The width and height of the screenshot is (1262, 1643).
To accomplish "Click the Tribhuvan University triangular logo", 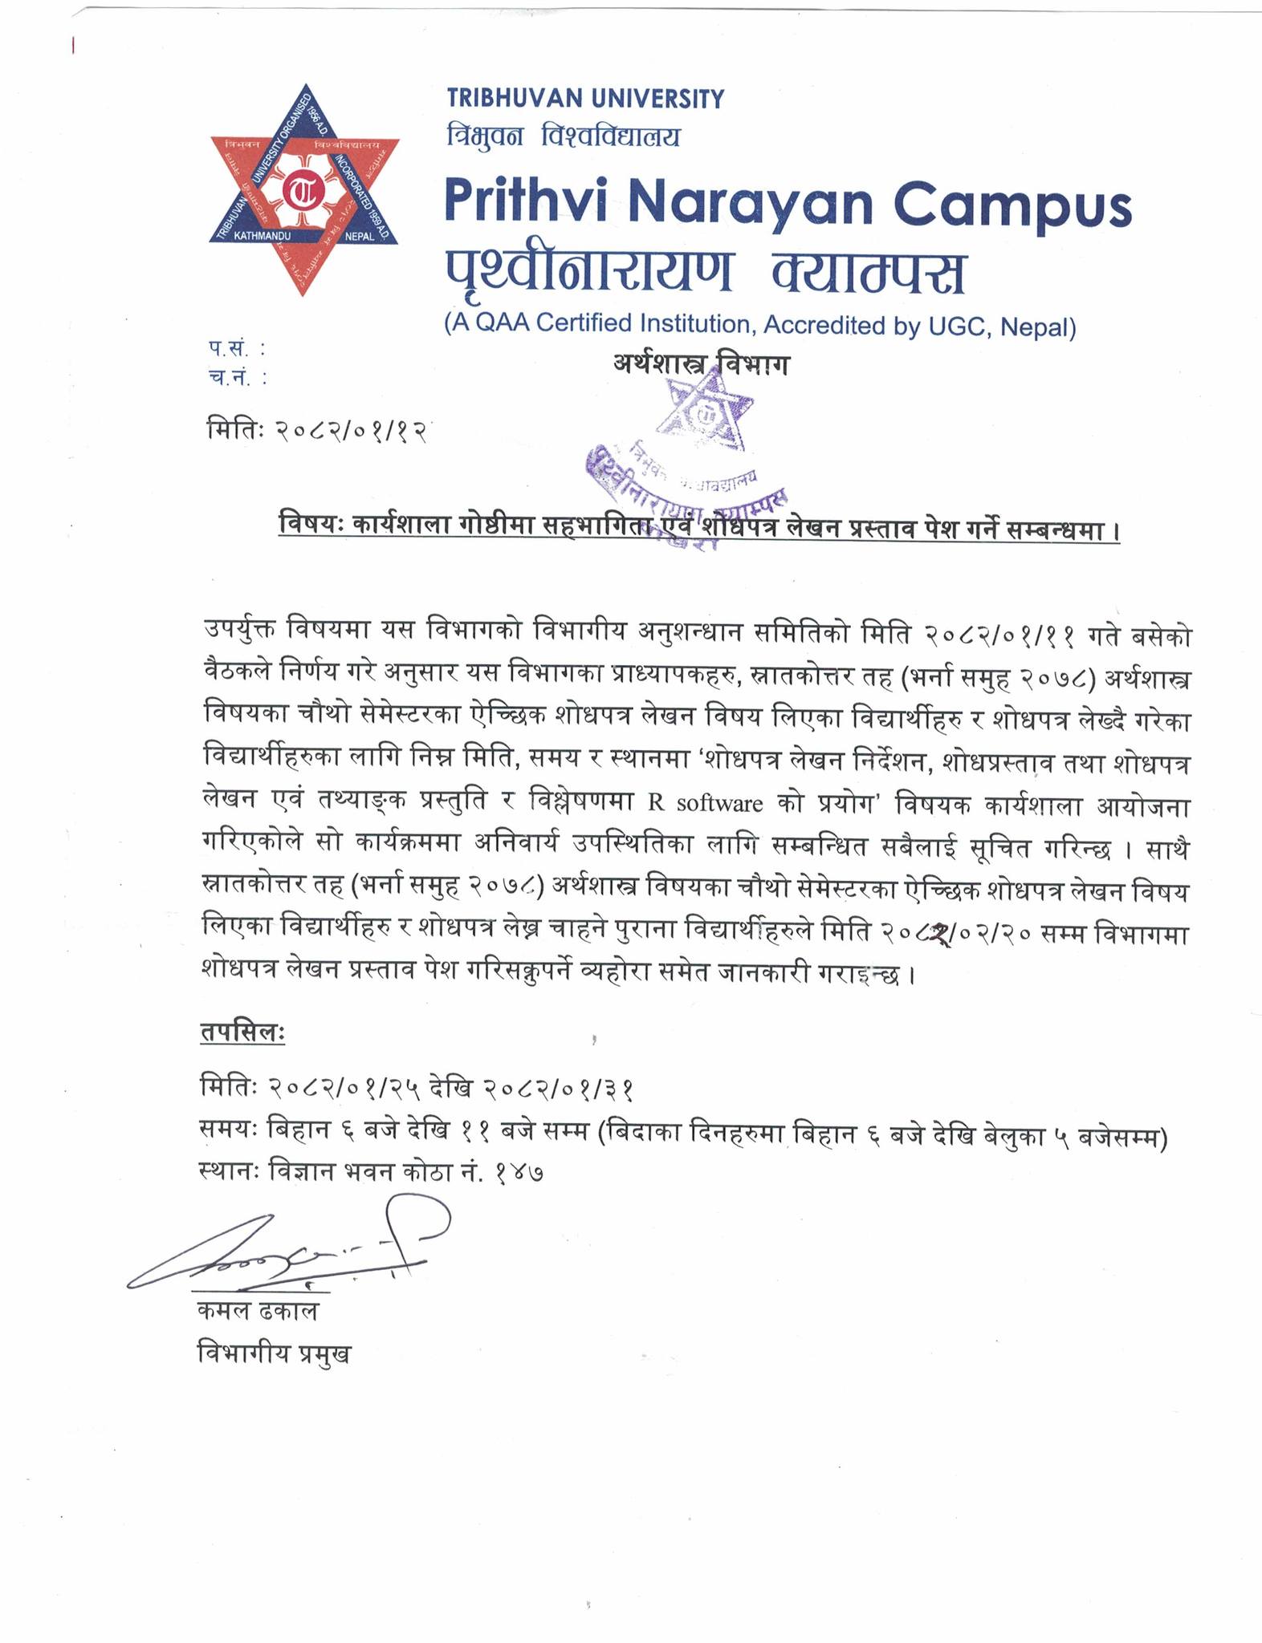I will pos(304,190).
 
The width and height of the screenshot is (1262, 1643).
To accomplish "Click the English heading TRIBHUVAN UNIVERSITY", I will pos(585,99).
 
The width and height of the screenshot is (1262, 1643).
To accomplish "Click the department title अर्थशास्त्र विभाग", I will pos(701,366).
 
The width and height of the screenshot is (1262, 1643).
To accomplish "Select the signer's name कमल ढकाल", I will pos(258,1312).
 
